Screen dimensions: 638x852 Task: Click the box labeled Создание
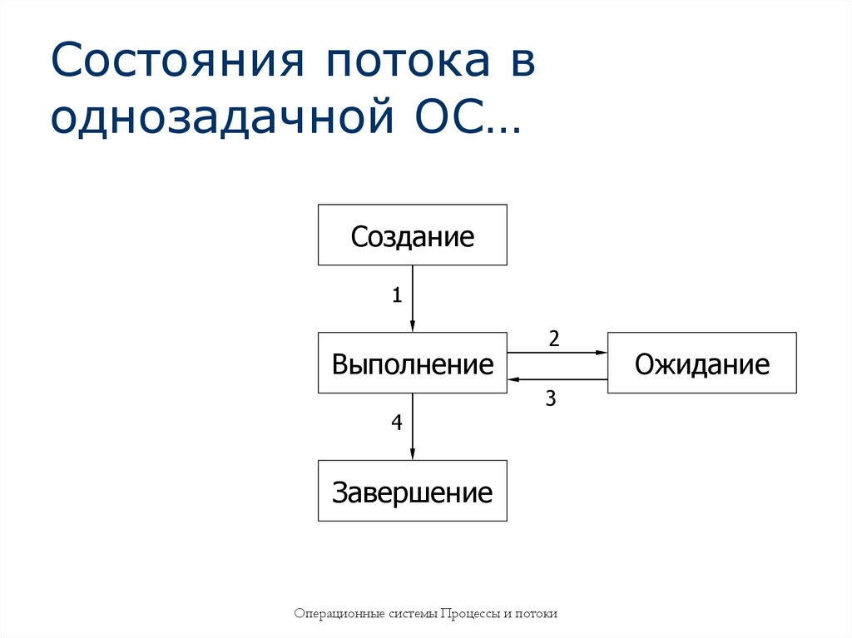(x=412, y=235)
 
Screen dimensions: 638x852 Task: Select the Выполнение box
(x=412, y=364)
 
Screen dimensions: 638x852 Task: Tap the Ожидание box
(x=701, y=364)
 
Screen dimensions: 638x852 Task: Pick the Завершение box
(x=412, y=492)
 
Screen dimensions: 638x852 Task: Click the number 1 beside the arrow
(x=397, y=294)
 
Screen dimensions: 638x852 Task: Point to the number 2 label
(x=554, y=339)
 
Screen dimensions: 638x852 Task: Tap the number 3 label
(x=550, y=398)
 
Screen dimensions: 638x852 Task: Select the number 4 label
(x=397, y=423)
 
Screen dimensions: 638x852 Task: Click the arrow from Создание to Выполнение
(x=413, y=299)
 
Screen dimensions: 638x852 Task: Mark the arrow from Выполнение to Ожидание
(x=557, y=353)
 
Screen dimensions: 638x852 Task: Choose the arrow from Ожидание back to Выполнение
(x=557, y=379)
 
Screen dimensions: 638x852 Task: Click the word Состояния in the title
(x=171, y=65)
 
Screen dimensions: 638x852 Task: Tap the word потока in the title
(x=392, y=65)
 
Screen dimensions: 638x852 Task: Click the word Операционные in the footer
(x=339, y=614)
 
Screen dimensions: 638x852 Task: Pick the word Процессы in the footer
(x=471, y=614)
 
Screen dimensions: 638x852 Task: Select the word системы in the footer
(x=413, y=614)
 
